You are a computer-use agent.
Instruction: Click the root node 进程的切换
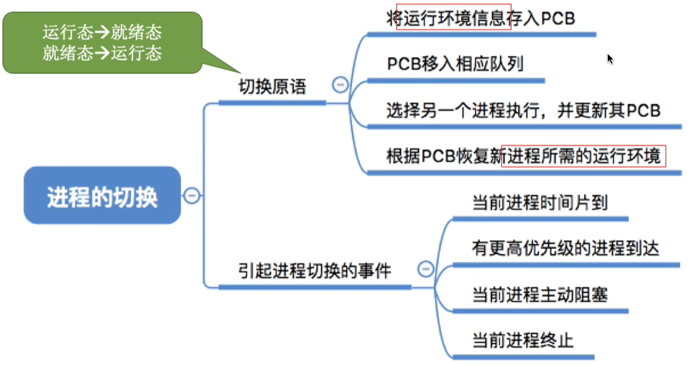point(102,195)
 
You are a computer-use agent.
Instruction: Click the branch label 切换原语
point(272,86)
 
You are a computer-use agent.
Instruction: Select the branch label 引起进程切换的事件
point(314,270)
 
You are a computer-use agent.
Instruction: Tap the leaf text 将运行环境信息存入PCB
point(480,18)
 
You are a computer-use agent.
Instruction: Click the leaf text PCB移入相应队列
point(455,64)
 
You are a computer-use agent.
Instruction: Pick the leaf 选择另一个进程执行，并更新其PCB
point(523,110)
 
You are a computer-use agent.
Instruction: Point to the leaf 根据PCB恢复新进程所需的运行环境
point(523,156)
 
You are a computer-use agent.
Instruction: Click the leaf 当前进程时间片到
point(540,203)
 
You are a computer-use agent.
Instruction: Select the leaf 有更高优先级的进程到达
point(566,248)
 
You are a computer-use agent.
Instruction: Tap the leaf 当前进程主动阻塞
point(540,294)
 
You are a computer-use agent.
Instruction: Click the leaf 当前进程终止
point(523,341)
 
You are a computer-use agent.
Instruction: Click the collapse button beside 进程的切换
point(192,195)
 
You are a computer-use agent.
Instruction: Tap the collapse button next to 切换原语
point(340,85)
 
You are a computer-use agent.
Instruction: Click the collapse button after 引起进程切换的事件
point(426,269)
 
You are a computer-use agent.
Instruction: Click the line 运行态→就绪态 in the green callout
point(102,32)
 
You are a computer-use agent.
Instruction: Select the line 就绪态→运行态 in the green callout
point(102,53)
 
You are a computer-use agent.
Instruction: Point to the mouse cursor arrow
point(610,59)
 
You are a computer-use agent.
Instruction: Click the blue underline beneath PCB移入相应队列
point(456,81)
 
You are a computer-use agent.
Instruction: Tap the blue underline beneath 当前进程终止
point(523,357)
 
